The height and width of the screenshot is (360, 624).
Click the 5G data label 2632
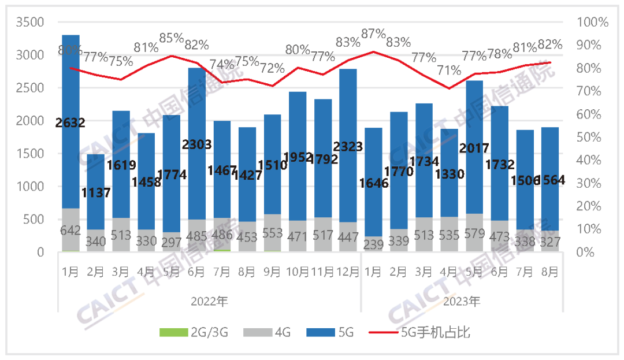(70, 123)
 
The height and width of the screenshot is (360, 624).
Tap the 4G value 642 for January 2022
(70, 230)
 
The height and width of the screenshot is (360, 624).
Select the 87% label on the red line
(373, 34)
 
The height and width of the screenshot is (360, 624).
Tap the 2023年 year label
(463, 301)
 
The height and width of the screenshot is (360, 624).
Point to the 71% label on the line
(449, 71)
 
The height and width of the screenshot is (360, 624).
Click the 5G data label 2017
(474, 147)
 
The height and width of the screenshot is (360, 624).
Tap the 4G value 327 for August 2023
(549, 243)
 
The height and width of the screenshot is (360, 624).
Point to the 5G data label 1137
(95, 193)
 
